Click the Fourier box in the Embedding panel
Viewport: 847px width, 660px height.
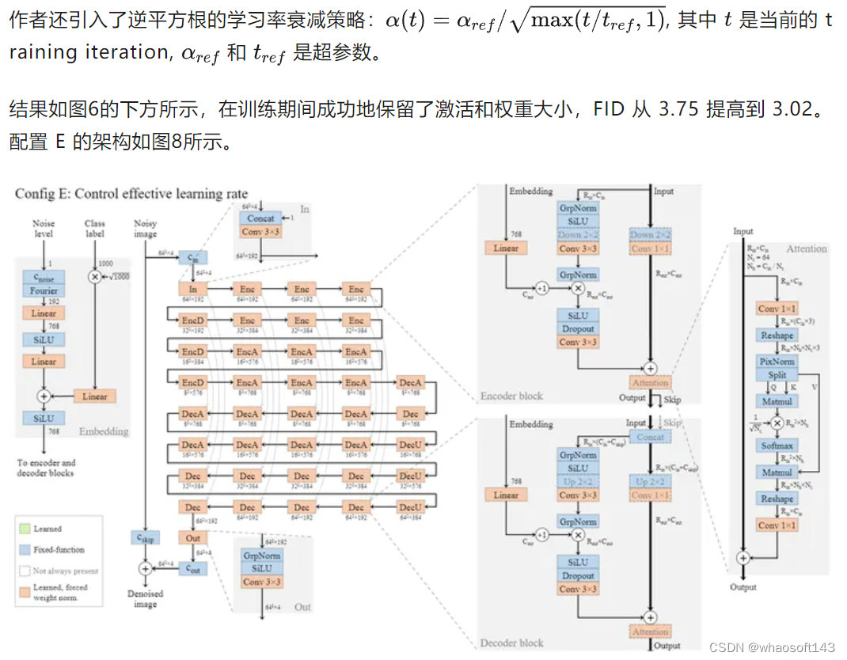click(44, 290)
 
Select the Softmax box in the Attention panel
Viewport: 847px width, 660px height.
click(777, 446)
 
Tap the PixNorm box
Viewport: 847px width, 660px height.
click(777, 362)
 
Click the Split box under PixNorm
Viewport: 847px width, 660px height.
click(777, 375)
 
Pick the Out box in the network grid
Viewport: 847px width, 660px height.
click(192, 537)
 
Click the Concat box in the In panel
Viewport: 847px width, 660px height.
click(260, 218)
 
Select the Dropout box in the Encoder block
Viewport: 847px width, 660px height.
click(578, 328)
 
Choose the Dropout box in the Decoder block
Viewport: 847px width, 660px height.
click(578, 575)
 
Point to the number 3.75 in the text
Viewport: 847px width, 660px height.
click(678, 109)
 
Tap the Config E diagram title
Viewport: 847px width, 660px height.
click(131, 194)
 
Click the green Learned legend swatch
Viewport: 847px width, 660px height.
click(24, 528)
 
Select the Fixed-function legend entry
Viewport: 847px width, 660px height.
click(59, 549)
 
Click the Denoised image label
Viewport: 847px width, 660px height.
click(145, 598)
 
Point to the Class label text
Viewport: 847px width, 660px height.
click(95, 228)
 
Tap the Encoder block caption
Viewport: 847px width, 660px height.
click(511, 395)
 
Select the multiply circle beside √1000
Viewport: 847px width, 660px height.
click(96, 276)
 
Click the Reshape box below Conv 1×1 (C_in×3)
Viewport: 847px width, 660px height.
click(777, 336)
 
